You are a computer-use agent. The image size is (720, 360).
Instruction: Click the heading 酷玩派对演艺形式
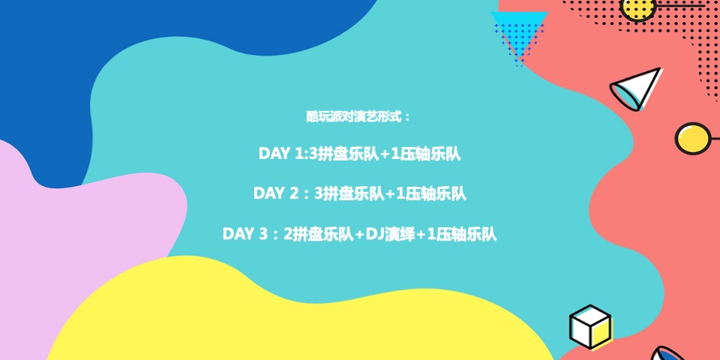pyautogui.click(x=358, y=117)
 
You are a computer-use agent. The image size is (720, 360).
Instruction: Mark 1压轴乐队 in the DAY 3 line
pyautogui.click(x=462, y=234)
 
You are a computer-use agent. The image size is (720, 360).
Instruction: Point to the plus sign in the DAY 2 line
pyautogui.click(x=390, y=193)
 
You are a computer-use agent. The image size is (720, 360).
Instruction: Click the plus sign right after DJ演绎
pyautogui.click(x=421, y=234)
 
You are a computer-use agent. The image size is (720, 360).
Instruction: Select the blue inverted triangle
pyautogui.click(x=518, y=31)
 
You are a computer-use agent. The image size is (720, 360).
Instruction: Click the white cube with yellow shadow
pyautogui.click(x=589, y=326)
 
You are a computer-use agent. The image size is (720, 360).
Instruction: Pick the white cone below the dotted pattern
pyautogui.click(x=635, y=88)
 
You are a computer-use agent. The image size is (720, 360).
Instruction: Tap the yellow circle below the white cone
pyautogui.click(x=691, y=138)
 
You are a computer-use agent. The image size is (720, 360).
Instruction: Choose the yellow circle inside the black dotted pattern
pyautogui.click(x=639, y=7)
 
